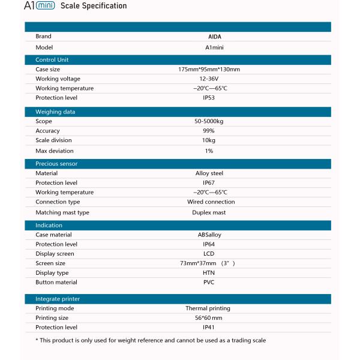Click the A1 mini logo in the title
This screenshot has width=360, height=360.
[40, 6]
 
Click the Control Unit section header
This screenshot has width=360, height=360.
[52, 59]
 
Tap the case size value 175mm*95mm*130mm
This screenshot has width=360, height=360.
[209, 70]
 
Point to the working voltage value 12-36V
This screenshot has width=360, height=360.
[209, 79]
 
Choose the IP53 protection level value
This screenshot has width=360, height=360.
[209, 97]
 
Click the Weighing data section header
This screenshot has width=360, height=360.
[55, 112]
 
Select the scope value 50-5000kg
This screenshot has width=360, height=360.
[209, 121]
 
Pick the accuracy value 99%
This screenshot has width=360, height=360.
[209, 131]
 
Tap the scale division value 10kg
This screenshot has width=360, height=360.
[209, 140]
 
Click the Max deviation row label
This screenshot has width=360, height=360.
[54, 151]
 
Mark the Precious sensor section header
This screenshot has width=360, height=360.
[56, 163]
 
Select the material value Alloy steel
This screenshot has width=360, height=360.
[209, 173]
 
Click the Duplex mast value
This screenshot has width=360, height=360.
[209, 212]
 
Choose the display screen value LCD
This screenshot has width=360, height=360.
[209, 254]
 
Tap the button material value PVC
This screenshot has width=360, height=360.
[209, 282]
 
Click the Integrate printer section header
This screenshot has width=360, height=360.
[58, 298]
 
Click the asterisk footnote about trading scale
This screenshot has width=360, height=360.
[151, 340]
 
